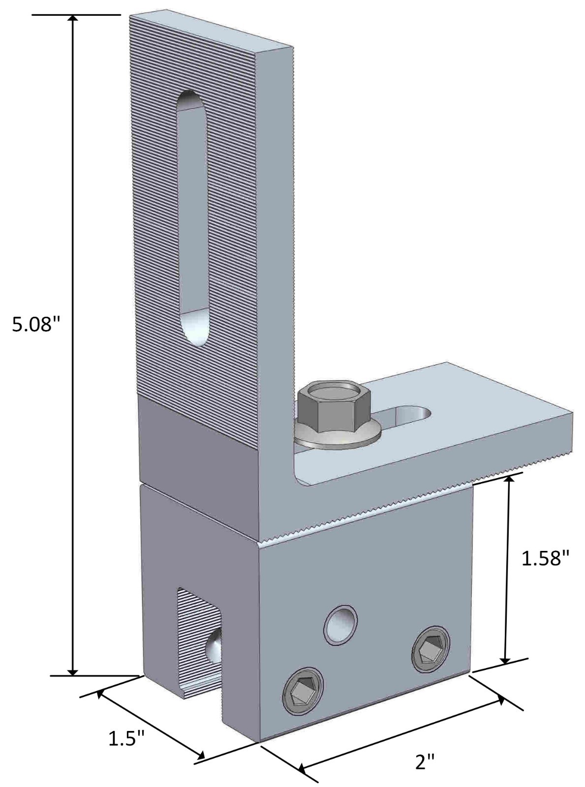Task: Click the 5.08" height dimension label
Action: pos(32,324)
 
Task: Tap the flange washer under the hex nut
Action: pos(337,435)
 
